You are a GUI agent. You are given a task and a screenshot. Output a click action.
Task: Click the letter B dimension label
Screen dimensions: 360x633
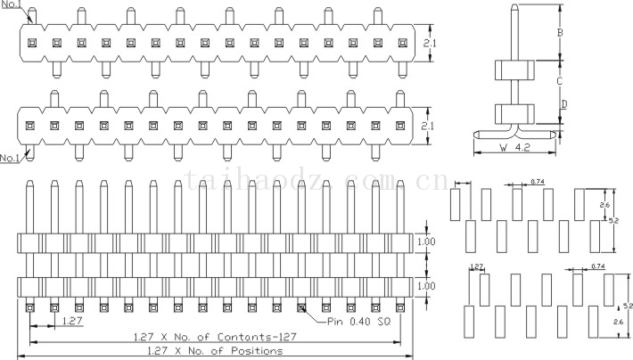tap(559, 34)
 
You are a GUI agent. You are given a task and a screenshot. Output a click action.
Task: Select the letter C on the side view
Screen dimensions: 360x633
tap(559, 81)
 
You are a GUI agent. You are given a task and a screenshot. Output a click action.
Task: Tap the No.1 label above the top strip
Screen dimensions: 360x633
tap(12, 5)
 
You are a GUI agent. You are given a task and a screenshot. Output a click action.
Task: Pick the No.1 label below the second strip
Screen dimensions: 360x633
tap(11, 158)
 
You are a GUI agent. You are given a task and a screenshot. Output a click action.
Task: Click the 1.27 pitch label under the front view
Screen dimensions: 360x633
tap(73, 320)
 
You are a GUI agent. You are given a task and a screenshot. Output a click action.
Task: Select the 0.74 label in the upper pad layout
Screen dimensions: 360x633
tap(537, 182)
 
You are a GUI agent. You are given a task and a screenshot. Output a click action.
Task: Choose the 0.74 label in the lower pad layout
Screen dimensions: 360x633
tap(597, 266)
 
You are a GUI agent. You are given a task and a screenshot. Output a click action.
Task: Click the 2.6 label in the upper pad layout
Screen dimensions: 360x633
tap(604, 205)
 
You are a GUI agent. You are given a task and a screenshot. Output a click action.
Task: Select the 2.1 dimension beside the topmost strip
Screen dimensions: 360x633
tap(428, 43)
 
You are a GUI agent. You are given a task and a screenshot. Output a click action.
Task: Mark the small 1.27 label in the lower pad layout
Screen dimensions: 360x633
tap(476, 266)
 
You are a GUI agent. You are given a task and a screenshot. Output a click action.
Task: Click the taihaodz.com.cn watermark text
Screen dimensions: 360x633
tap(316, 183)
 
